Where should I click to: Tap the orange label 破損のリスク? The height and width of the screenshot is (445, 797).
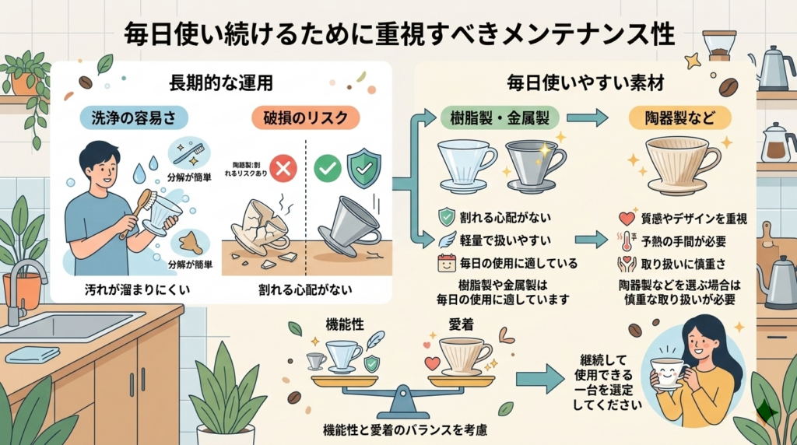295,117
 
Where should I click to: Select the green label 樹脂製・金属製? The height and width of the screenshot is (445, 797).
489,117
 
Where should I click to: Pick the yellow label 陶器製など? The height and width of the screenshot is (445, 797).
679,117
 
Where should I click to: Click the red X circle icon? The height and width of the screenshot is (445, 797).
283,168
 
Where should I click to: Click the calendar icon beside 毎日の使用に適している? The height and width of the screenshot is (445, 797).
446,263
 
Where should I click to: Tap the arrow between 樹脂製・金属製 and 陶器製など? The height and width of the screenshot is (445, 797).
587,117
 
